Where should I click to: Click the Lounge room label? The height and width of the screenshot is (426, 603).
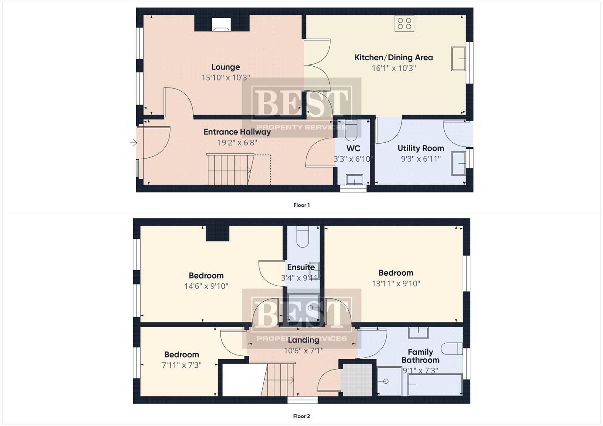[225, 67]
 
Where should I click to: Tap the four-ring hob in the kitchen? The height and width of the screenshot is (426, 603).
[404, 23]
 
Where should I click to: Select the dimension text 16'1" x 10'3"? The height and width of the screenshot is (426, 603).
[394, 68]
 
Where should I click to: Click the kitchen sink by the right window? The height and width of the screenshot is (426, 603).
[458, 59]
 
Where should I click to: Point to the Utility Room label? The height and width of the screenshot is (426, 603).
[421, 148]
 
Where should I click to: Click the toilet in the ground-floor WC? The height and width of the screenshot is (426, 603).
[351, 131]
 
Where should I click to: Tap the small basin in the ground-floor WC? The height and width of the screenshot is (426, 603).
[355, 179]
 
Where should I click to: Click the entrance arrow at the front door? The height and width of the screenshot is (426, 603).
[133, 143]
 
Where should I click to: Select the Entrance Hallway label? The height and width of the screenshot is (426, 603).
[237, 132]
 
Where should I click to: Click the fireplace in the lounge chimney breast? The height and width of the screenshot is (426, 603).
[221, 24]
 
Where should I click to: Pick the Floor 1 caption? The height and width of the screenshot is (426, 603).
[302, 205]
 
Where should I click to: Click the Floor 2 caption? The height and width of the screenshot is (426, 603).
[302, 416]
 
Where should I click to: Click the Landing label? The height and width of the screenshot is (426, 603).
[303, 340]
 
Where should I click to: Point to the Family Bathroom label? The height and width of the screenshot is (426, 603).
[420, 356]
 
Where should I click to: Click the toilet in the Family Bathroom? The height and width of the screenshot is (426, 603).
[452, 349]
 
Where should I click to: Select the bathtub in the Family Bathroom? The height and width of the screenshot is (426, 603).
[435, 385]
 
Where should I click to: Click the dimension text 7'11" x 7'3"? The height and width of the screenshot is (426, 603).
[181, 365]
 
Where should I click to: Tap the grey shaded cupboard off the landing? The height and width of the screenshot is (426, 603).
[357, 380]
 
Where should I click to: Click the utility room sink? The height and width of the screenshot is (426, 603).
[458, 164]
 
